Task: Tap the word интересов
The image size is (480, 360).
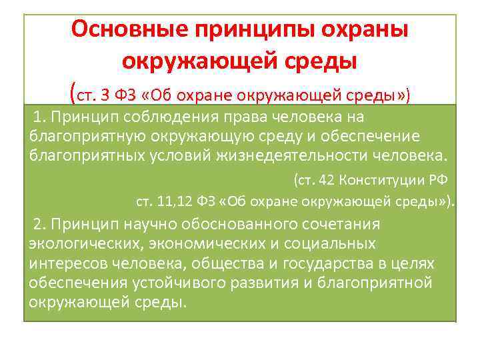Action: pyautogui.click(x=67, y=263)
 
